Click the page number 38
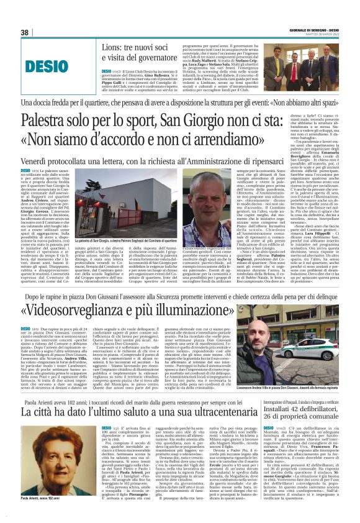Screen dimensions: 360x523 coord(25,33)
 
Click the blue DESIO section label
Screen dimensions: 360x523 coord(40,64)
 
